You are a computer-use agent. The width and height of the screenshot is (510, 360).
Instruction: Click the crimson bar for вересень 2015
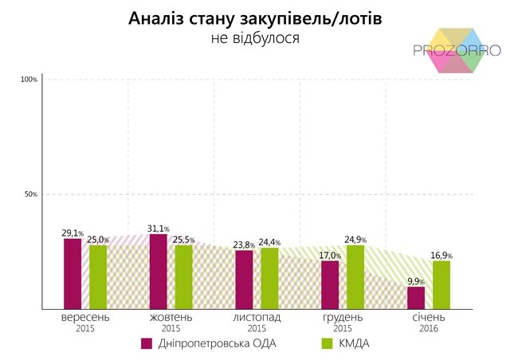tap(73, 273)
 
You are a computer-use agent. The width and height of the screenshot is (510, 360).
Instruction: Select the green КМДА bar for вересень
tap(98, 276)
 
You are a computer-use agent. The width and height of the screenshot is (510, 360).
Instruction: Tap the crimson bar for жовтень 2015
tap(159, 271)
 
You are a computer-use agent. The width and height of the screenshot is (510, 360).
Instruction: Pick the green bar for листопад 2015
tap(269, 278)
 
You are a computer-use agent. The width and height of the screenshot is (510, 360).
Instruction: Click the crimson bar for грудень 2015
tap(330, 284)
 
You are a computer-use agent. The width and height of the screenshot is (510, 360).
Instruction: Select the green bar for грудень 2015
tap(355, 276)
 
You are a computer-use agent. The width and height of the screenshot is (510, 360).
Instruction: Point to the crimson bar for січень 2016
tap(415, 297)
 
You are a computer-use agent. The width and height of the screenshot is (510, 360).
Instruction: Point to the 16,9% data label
tap(441, 255)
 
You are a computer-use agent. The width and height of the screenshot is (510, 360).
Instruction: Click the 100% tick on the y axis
tap(29, 80)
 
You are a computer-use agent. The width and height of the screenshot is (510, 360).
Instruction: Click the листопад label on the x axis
tap(257, 317)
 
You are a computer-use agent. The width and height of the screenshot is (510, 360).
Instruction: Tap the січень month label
tap(428, 317)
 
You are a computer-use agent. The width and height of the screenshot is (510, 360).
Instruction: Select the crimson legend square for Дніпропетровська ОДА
tap(147, 343)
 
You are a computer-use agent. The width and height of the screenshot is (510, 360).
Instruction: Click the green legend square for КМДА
tap(326, 343)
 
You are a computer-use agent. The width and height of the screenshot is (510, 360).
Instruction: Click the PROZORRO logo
tap(457, 49)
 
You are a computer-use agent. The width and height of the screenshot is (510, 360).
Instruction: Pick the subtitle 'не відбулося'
tap(255, 37)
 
